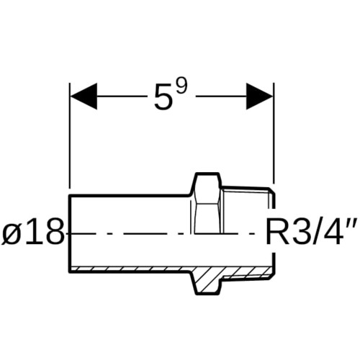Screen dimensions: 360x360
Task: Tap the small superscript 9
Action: (181, 86)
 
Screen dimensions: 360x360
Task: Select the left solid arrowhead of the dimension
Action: (84, 96)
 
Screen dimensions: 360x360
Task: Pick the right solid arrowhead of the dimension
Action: (260, 96)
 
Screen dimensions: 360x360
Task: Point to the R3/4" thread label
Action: (312, 233)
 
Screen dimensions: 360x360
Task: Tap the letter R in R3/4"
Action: (276, 233)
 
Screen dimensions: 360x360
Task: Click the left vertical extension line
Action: (70, 135)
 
